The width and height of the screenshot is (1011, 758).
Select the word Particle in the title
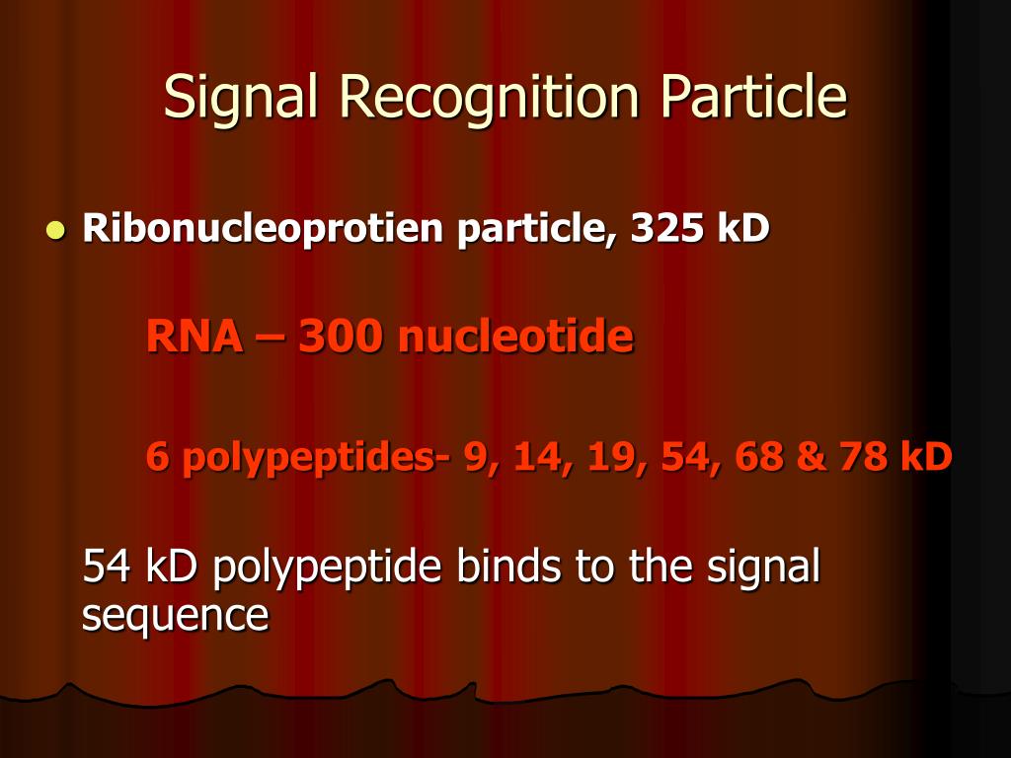[754, 96]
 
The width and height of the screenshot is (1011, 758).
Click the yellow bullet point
[54, 231]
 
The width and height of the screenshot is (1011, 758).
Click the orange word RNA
[194, 338]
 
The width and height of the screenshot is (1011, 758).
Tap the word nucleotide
[515, 338]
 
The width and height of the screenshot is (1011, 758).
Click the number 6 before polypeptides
[156, 456]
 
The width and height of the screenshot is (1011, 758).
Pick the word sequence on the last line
[175, 616]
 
